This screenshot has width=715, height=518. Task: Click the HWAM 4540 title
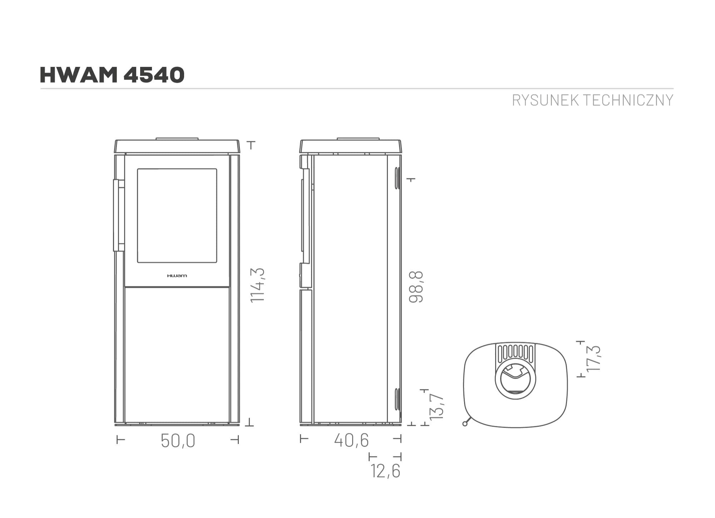tap(112, 75)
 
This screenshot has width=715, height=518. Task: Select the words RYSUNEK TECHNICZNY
tap(592, 100)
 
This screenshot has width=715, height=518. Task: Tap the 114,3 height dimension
tap(257, 285)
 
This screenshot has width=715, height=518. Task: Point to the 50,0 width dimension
tap(178, 440)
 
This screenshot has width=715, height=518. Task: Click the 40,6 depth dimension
tap(351, 440)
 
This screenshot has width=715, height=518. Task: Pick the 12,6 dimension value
tap(385, 471)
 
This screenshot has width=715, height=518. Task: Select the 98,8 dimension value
tap(416, 287)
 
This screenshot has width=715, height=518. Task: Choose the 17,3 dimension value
tap(594, 358)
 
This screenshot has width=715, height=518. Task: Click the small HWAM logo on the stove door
tap(177, 276)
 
